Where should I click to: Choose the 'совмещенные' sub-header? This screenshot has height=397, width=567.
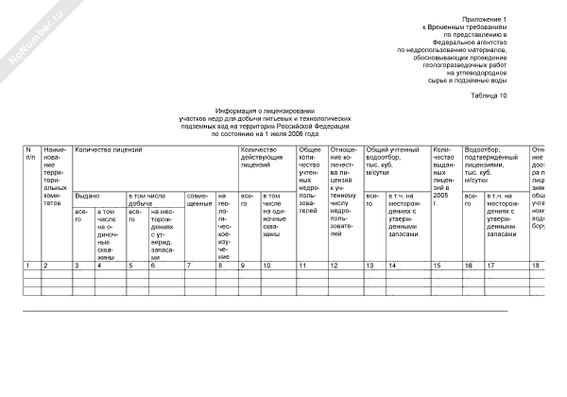coord(199,198)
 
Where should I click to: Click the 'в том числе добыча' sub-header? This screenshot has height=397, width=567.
coord(154,198)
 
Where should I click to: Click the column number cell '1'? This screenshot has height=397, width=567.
coord(28,266)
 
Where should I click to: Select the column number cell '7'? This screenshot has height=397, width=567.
coord(189,266)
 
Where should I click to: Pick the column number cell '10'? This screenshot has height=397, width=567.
coord(267,266)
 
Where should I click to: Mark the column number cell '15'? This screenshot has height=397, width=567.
coord(438,266)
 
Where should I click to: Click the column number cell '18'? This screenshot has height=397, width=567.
coord(536,266)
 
